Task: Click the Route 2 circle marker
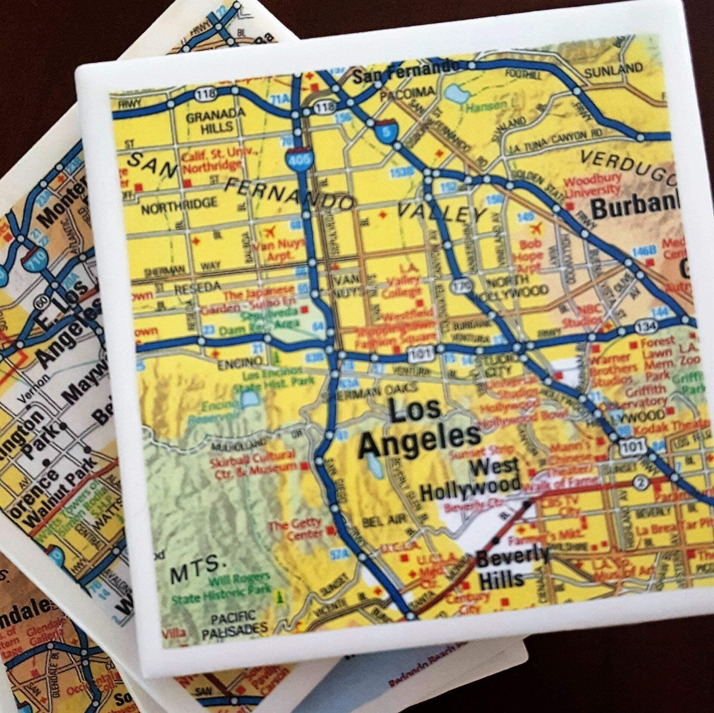[x=640, y=483]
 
